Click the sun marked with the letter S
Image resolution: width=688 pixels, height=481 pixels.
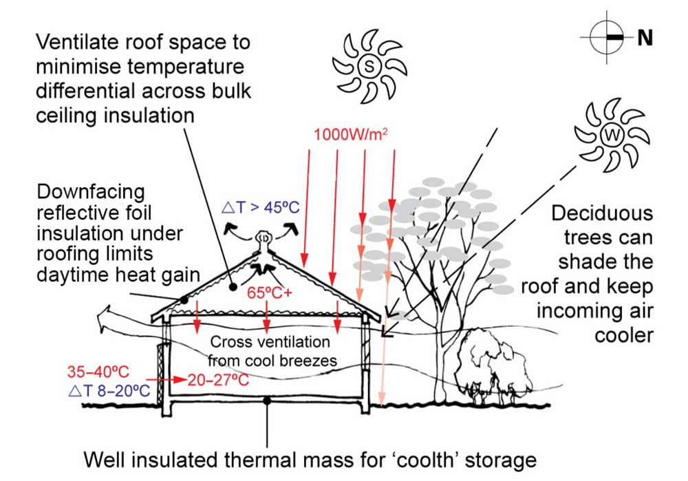369,66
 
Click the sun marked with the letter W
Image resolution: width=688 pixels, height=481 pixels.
612,135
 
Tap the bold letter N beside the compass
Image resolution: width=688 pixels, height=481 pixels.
645,38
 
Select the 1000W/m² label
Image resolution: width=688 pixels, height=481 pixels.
351,134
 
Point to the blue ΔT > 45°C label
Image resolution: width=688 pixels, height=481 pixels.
261,206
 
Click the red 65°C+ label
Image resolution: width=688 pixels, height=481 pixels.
269,292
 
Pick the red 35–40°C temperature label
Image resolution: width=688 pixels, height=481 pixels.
98,372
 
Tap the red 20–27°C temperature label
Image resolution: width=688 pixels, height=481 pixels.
219,380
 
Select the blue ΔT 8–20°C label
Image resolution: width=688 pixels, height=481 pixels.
109,390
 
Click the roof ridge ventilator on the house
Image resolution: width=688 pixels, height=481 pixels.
264,241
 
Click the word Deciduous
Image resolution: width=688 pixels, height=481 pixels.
602,213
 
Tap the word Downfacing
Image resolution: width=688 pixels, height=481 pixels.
91,193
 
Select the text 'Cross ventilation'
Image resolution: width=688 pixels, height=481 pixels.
270,341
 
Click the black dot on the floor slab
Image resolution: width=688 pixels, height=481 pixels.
266,400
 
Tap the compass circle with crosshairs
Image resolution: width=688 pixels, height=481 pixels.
607,38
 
